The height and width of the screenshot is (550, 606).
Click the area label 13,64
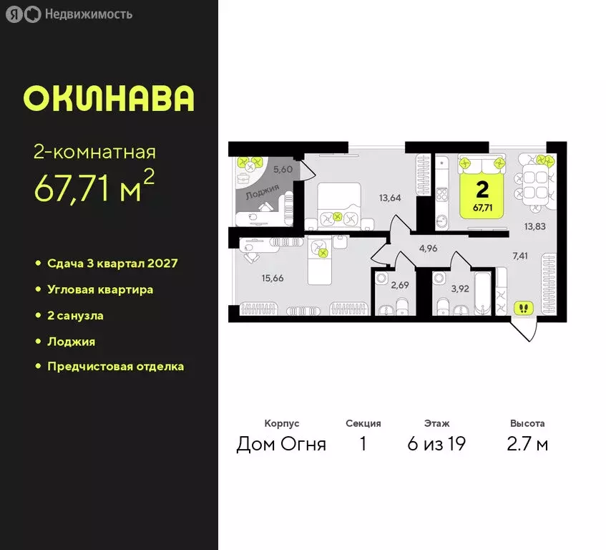390,198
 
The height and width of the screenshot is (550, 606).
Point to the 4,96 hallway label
428,249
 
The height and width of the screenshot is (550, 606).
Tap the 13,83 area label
534,226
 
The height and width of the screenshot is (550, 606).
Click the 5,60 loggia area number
283,169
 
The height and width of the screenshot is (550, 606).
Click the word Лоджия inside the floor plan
262,194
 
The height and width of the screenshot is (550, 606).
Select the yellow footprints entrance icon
524,308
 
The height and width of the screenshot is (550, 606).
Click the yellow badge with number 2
482,193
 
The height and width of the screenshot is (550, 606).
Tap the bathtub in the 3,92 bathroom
481,294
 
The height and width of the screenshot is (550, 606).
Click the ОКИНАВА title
108,98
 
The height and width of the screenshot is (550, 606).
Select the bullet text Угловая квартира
100,289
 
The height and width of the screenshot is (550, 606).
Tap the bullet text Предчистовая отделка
115,366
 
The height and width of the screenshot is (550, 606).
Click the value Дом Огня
281,444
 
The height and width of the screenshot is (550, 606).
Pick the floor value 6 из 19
436,444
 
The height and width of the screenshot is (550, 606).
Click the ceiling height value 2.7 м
527,444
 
